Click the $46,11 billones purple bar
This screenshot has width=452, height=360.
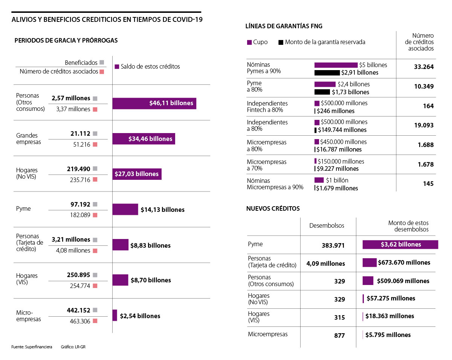click(x=154, y=103)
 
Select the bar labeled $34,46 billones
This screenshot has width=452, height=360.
click(x=144, y=139)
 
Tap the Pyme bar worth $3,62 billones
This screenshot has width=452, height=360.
click(x=400, y=244)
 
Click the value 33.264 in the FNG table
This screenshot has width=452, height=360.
click(x=424, y=67)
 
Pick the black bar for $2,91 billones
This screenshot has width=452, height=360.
click(x=327, y=72)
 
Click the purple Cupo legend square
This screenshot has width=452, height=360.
click(x=249, y=43)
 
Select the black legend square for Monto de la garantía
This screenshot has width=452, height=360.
click(x=281, y=43)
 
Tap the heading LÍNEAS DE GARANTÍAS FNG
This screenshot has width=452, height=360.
click(x=284, y=26)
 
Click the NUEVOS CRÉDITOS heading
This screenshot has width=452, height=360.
click(x=273, y=208)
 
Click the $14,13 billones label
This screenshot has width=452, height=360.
click(x=162, y=210)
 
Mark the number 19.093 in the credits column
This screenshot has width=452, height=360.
click(x=424, y=125)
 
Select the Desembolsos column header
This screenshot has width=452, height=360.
click(x=327, y=225)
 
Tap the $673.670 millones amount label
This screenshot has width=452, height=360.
click(x=404, y=262)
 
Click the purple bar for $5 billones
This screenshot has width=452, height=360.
click(x=336, y=65)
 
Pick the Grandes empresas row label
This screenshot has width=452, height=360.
click(x=29, y=139)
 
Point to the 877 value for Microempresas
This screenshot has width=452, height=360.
click(x=339, y=335)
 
